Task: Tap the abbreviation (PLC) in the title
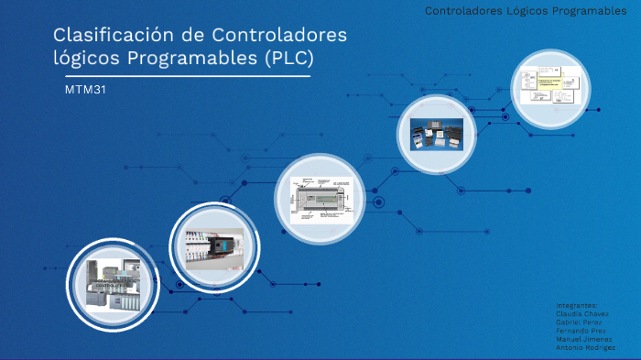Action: click(x=288, y=59)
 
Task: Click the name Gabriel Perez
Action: click(x=581, y=322)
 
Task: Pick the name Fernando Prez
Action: click(x=581, y=331)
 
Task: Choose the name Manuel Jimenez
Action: click(x=584, y=339)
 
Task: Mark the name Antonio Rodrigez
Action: click(x=585, y=347)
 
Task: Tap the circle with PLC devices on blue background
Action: click(x=435, y=135)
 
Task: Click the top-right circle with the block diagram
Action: click(x=549, y=88)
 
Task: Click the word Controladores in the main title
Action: click(x=279, y=36)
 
